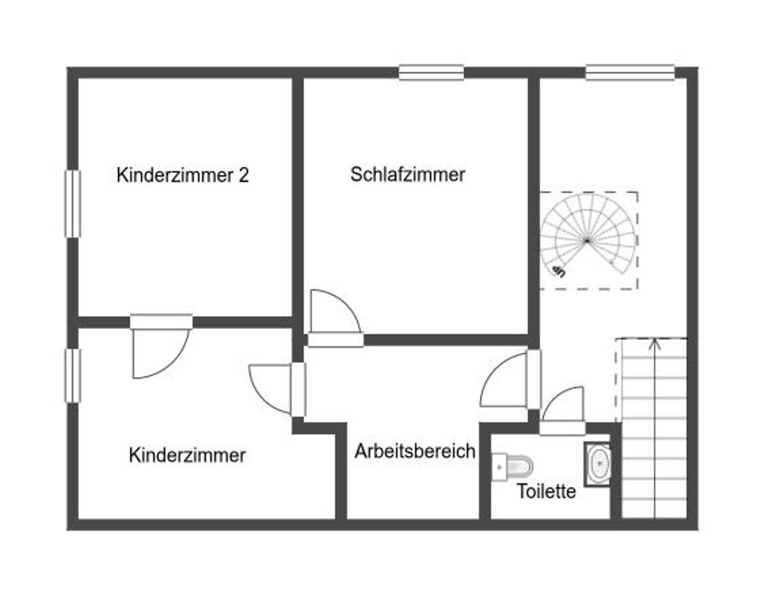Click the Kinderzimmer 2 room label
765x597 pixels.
click(x=182, y=175)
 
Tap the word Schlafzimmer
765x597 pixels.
click(x=407, y=174)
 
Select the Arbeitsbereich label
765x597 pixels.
click(x=415, y=451)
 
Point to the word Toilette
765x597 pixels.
click(x=547, y=491)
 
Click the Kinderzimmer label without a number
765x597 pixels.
click(x=187, y=455)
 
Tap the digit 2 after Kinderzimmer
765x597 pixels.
click(x=243, y=175)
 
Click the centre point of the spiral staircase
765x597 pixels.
click(x=587, y=241)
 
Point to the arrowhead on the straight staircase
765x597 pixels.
click(x=654, y=343)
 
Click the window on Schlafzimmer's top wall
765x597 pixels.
click(x=431, y=72)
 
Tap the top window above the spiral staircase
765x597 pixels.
click(x=630, y=72)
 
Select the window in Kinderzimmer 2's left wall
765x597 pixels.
click(x=73, y=203)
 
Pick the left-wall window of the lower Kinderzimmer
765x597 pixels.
click(x=73, y=375)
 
